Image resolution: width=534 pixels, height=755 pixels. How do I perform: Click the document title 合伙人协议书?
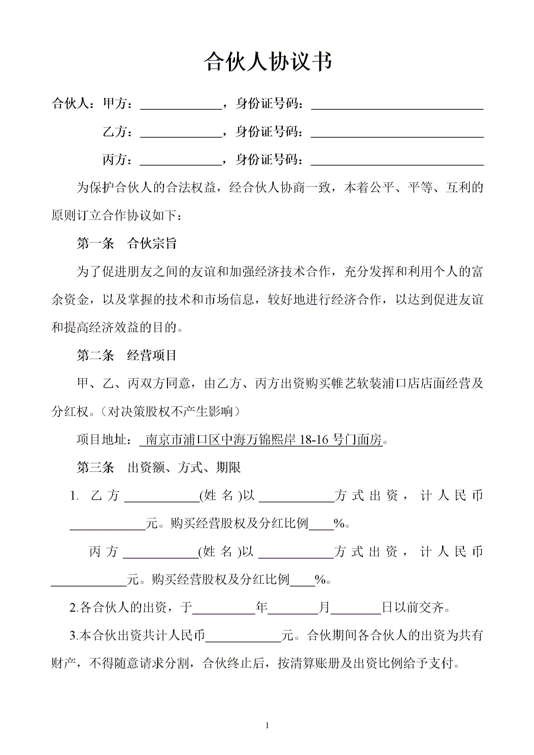(268, 62)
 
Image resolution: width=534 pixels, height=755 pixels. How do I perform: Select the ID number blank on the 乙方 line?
(397, 132)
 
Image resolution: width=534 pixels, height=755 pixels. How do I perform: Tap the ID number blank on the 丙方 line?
(397, 160)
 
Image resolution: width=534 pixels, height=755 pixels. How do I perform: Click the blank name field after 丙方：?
(181, 160)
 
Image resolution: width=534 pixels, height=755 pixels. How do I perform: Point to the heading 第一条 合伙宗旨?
(127, 243)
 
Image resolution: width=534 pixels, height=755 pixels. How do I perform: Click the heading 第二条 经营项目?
(127, 355)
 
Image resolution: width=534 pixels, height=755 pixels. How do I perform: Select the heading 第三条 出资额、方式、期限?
(159, 467)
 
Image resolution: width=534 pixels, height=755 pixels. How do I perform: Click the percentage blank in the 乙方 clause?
(321, 524)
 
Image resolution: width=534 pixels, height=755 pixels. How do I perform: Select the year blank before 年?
(224, 608)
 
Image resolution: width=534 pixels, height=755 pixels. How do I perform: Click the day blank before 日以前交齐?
(356, 608)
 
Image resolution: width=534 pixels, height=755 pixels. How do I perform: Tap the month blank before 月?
(293, 608)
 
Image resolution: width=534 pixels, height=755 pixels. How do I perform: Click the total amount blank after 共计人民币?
(243, 636)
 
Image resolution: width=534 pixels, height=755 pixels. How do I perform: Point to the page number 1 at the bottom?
(267, 726)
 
